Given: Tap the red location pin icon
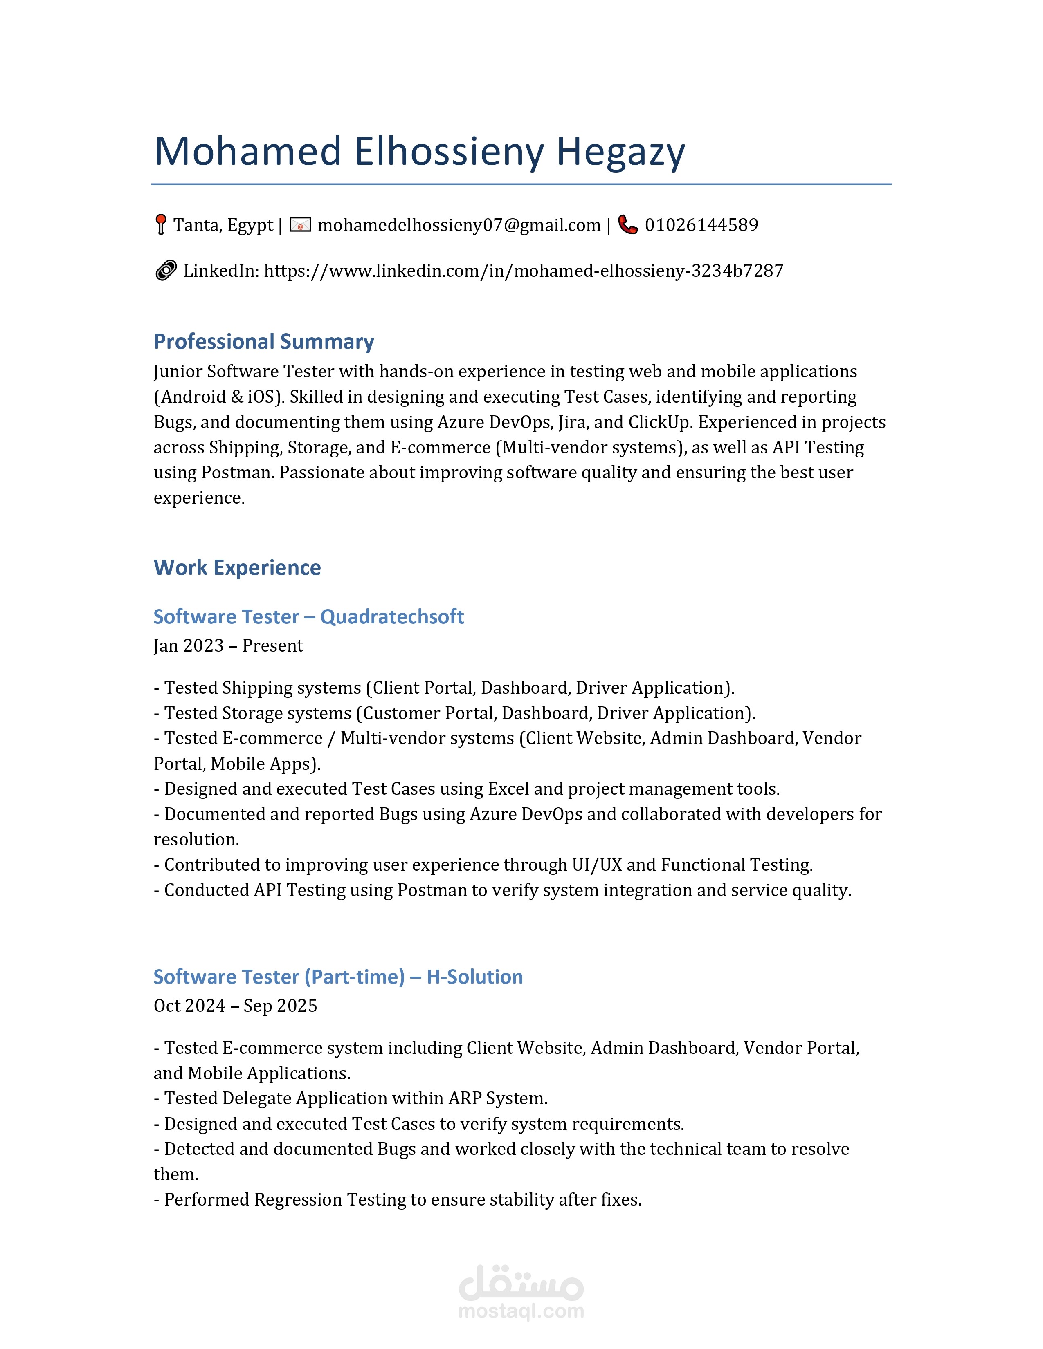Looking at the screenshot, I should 161,224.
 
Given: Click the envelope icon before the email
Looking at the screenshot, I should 300,225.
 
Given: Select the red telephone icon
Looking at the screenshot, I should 628,225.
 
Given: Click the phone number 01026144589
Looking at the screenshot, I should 701,225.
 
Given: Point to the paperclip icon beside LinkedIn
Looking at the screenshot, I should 166,271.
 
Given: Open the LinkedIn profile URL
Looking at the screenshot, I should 524,271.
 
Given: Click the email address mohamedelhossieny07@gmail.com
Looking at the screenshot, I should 459,225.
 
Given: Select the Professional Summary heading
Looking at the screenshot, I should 264,342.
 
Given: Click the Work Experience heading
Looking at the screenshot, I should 237,568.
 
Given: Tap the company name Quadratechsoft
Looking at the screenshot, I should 392,616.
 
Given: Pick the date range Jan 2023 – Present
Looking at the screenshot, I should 228,645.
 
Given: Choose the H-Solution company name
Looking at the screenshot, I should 474,977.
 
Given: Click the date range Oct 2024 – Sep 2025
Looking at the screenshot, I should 235,1006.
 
